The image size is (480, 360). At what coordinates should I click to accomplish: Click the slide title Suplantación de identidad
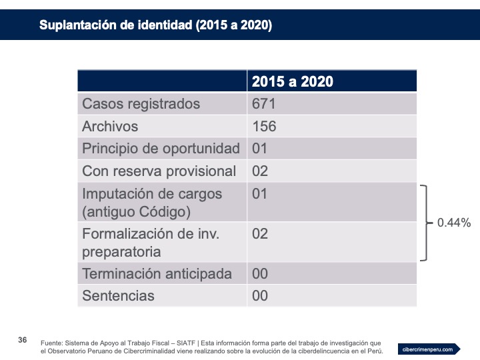point(155,25)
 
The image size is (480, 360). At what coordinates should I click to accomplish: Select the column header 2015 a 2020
point(293,81)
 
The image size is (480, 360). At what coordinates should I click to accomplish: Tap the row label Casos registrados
point(141,104)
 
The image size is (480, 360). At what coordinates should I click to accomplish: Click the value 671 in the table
point(264,104)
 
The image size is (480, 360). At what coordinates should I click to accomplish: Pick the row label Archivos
point(110,127)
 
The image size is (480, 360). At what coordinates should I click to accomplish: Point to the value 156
point(264,127)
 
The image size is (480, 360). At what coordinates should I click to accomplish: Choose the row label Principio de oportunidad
point(161,149)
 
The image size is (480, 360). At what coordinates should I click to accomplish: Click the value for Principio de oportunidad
point(260,149)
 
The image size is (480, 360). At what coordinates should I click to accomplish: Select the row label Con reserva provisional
point(159,171)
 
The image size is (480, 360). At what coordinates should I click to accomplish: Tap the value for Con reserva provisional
point(260,171)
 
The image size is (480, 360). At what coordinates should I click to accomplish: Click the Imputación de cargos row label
point(152,203)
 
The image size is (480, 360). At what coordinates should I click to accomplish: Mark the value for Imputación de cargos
point(260,194)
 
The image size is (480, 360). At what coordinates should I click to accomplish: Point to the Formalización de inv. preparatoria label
point(151,243)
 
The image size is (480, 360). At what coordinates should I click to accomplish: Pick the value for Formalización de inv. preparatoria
point(260,234)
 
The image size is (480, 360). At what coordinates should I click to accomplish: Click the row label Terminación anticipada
point(157,274)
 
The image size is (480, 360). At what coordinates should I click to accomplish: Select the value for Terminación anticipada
point(260,274)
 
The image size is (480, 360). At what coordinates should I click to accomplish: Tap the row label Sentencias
point(118,295)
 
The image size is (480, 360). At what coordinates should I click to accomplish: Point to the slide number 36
point(22,341)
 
